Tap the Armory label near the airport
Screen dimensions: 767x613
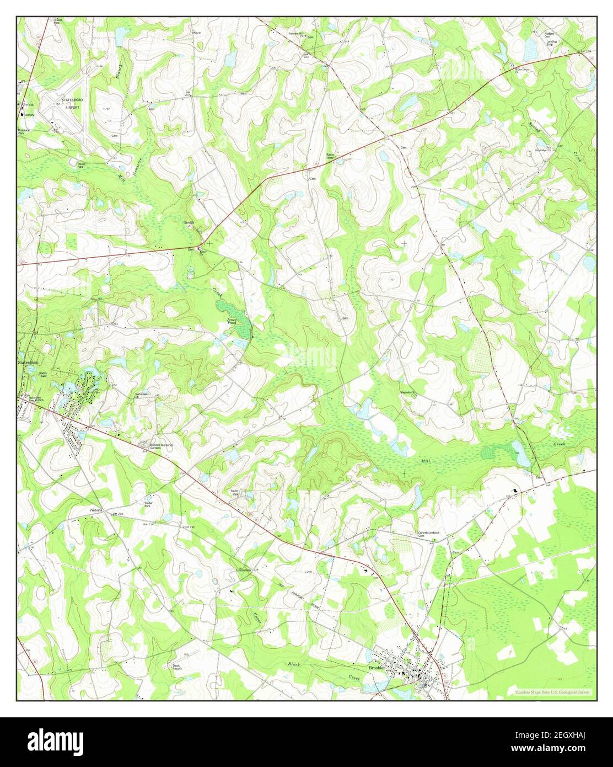[x=29, y=115]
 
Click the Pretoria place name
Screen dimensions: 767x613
[x=97, y=510]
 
